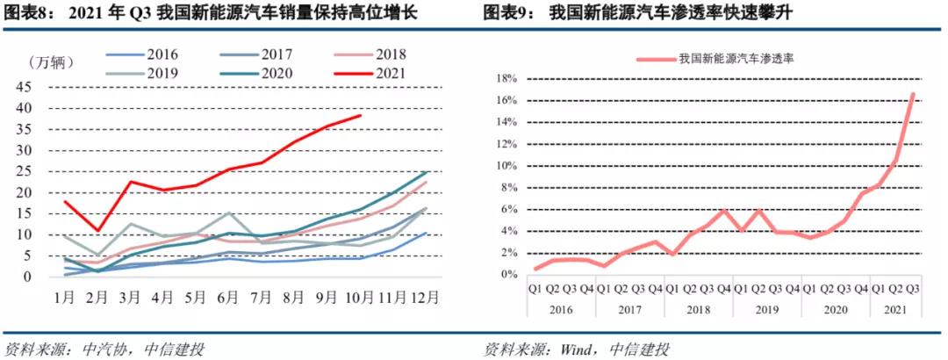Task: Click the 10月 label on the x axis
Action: coord(359,297)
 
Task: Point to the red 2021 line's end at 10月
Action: coord(360,115)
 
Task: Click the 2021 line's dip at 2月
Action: coord(98,231)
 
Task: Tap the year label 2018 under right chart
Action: coord(698,308)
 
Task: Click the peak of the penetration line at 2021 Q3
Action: coord(914,94)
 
